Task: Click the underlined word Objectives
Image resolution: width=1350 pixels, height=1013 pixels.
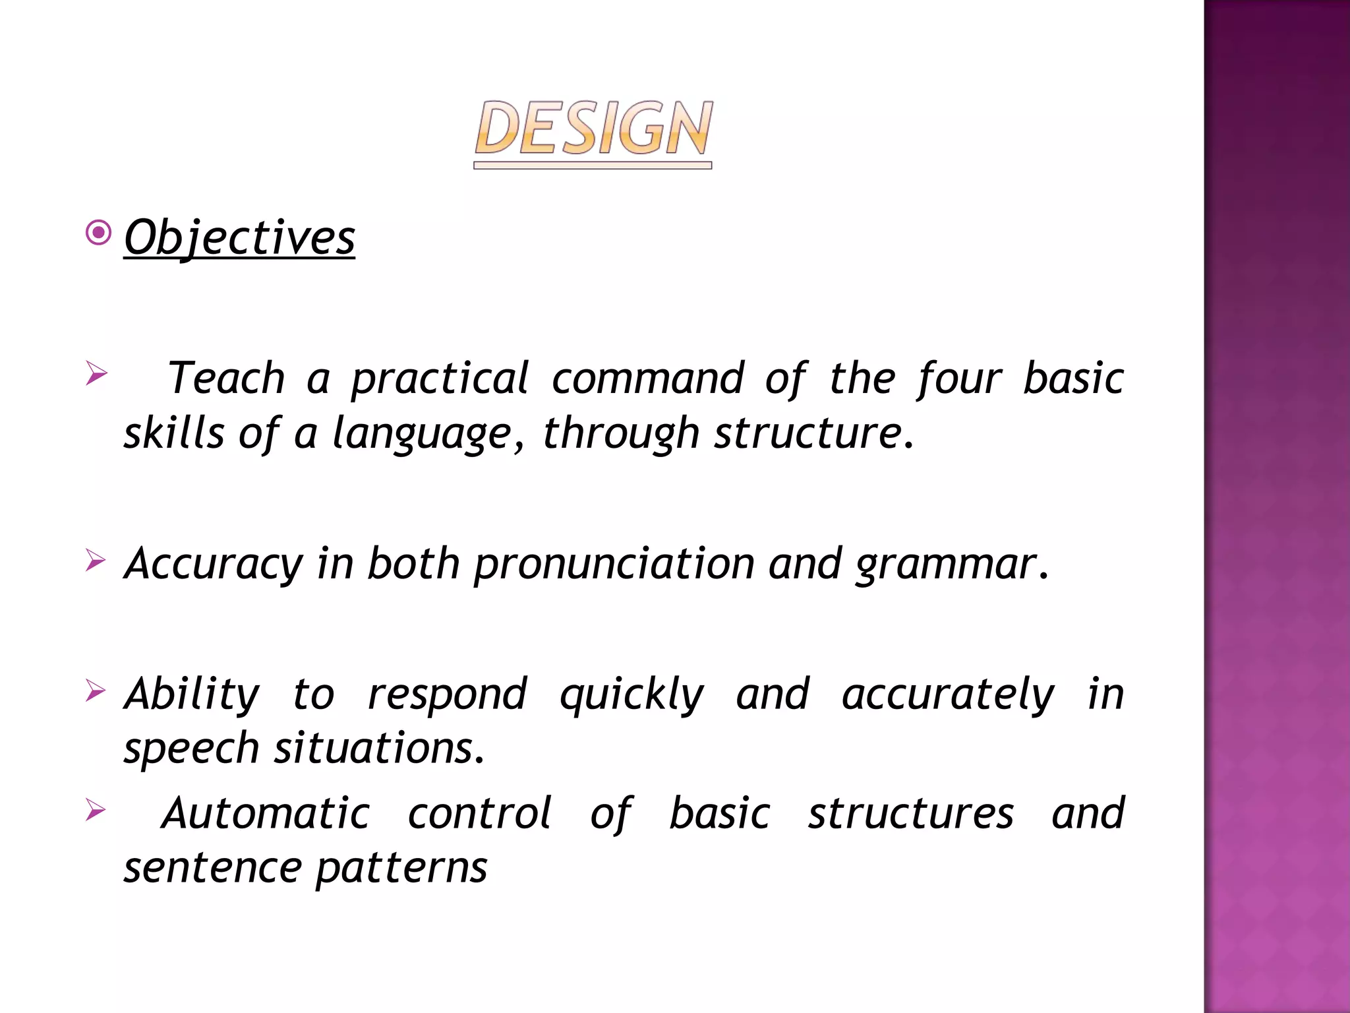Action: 239,237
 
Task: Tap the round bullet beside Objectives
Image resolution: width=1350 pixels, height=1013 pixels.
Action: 99,233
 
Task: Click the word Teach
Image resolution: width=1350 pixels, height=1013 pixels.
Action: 226,379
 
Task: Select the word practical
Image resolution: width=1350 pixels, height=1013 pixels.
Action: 440,380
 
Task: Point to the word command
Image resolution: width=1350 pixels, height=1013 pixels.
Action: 648,379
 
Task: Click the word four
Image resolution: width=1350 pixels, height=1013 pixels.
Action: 959,380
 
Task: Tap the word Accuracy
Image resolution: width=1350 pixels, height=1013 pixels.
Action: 214,565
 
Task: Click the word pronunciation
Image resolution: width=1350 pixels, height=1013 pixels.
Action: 614,565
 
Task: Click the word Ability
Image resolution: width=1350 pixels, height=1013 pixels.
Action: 192,694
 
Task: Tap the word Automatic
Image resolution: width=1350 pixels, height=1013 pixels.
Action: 266,813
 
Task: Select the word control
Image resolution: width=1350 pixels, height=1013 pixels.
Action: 479,813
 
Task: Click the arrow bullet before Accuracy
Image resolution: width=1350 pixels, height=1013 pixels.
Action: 96,561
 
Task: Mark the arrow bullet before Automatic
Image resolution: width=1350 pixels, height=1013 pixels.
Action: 96,810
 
